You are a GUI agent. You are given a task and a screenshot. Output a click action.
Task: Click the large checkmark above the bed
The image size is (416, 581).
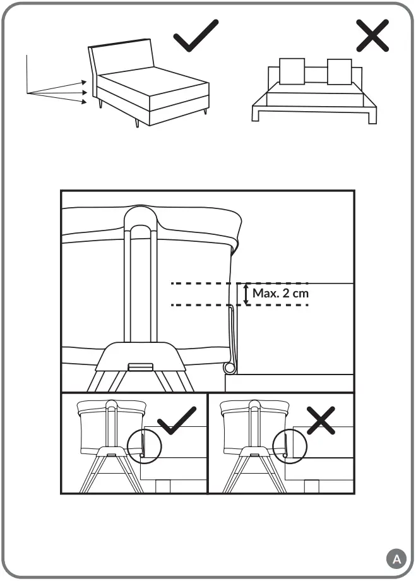coord(195,36)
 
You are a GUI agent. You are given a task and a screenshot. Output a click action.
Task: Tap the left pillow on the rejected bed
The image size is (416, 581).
coord(291,71)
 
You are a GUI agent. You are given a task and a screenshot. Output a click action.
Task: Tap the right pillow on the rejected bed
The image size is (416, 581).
coord(339,71)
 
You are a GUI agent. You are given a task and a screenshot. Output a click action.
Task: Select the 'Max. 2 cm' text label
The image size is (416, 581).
coord(280,293)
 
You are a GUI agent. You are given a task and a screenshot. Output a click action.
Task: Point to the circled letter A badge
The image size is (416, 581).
coord(395,558)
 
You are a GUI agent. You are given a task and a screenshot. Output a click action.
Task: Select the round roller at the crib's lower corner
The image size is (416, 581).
coord(230,367)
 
